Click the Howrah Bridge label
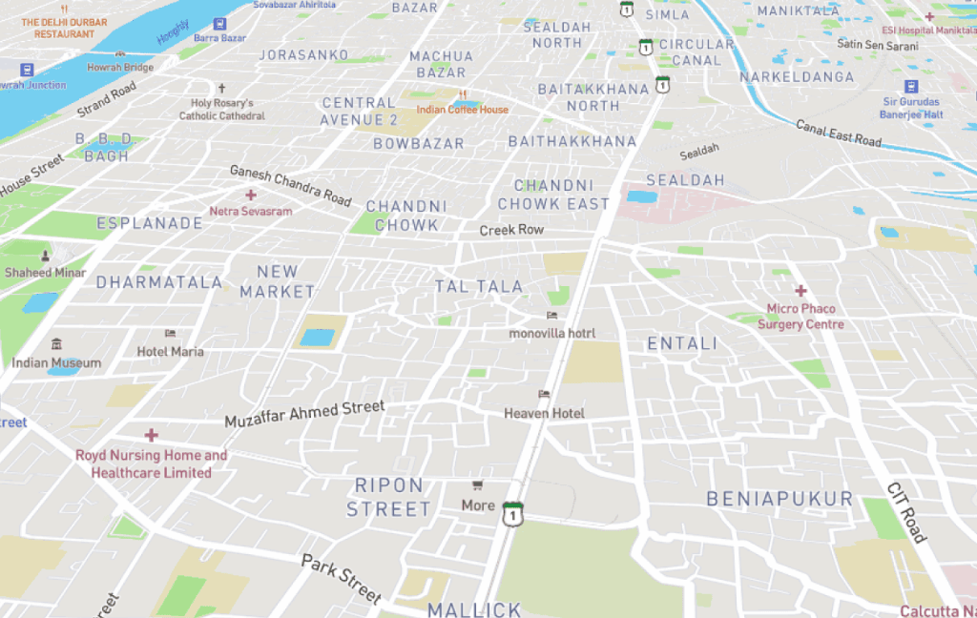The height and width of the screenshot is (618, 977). point(120,68)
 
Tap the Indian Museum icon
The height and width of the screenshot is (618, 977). point(56,344)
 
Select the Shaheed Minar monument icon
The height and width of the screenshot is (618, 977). point(45,256)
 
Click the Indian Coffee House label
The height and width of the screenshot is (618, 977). point(463,110)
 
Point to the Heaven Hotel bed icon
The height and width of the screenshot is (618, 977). point(544,394)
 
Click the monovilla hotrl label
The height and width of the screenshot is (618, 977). point(551,333)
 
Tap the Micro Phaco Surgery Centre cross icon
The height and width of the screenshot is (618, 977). point(800,290)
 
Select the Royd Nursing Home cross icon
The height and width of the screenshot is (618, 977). point(151,435)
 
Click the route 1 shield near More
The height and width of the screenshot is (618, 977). point(513,513)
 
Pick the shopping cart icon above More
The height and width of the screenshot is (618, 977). point(478,486)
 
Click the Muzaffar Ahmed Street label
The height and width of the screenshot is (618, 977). point(304,414)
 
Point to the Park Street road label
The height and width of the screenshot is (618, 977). point(342,577)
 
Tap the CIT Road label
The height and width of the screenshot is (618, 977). point(905,512)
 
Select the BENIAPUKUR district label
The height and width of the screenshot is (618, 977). point(780,499)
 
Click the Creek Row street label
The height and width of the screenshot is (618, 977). point(511,230)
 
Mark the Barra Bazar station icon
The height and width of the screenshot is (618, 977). point(220,22)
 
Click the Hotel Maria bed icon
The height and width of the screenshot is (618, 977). point(170,334)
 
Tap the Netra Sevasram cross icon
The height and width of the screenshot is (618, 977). point(251,195)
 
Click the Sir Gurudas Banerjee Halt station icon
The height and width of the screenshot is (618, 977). point(910,87)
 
